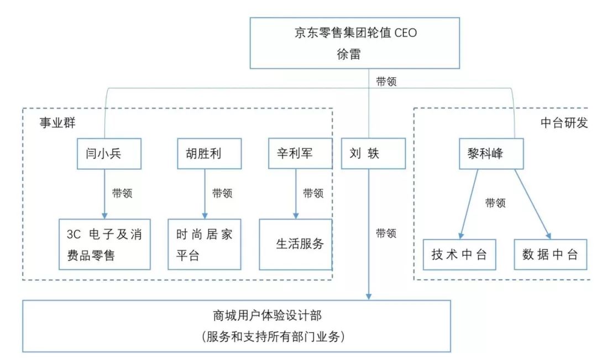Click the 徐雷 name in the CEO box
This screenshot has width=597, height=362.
tap(348, 54)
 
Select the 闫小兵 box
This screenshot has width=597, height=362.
tap(109, 153)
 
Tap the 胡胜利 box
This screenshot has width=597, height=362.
tap(210, 153)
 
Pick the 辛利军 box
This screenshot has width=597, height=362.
tap(300, 153)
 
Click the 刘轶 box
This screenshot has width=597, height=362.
tap(373, 153)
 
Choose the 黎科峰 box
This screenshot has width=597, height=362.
tap(491, 153)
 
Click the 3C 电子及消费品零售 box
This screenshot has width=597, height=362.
tap(104, 244)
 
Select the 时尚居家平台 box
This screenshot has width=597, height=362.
tap(205, 244)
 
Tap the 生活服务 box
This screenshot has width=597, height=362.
tap(296, 244)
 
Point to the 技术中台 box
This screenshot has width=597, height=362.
tap(459, 255)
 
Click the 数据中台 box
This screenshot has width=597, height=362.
tap(551, 255)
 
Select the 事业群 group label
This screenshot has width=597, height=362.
tap(57, 123)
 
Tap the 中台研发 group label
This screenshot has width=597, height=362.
tap(564, 123)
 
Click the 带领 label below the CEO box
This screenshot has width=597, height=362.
tap(386, 81)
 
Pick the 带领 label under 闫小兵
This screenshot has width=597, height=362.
tap(122, 193)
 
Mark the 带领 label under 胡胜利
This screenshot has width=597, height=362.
tap(222, 193)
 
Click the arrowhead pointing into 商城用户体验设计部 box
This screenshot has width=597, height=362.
tap(369, 296)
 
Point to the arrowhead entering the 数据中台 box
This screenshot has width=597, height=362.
tap(548, 236)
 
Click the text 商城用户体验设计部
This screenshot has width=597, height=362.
tap(268, 315)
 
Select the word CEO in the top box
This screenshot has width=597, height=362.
tap(406, 33)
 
